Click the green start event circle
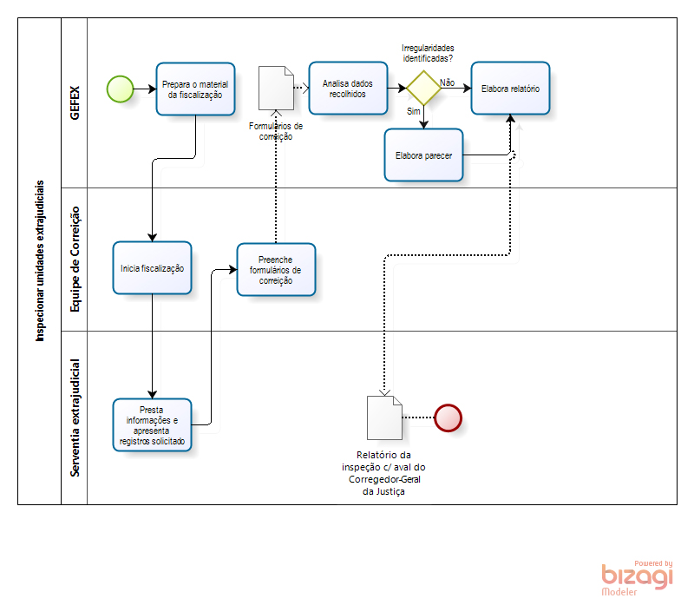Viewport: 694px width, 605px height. [120, 88]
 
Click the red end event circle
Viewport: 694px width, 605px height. [448, 418]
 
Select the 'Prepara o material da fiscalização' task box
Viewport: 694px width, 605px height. [195, 89]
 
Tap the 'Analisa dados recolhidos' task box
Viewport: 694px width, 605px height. [348, 89]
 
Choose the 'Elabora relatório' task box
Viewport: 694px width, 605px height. [510, 88]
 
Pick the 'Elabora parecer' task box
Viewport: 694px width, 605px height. [423, 155]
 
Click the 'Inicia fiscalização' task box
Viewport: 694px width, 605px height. [152, 268]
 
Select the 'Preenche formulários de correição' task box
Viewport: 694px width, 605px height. [276, 269]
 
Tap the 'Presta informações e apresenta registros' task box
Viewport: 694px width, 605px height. [152, 425]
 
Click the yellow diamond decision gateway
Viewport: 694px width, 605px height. [423, 88]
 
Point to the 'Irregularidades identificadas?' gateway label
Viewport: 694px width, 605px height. [428, 52]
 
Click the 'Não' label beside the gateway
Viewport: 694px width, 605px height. [448, 82]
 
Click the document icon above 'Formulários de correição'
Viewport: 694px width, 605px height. [276, 88]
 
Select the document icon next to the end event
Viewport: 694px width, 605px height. [384, 418]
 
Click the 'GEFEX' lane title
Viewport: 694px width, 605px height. [75, 102]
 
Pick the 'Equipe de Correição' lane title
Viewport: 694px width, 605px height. [75, 259]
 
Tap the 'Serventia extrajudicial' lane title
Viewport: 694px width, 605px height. [75, 418]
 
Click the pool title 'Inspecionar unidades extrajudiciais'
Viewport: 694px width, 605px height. [40, 260]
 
